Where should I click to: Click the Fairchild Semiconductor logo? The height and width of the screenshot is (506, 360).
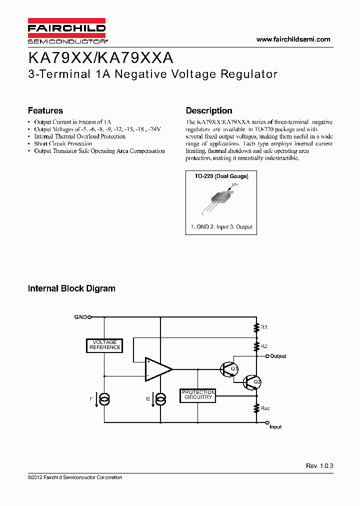point(66,30)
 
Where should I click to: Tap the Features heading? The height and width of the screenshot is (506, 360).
point(45,110)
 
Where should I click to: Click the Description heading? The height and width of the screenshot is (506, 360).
point(209,110)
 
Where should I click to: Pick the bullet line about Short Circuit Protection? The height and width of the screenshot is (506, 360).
point(62,143)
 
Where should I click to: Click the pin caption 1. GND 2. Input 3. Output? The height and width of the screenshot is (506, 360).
point(222,226)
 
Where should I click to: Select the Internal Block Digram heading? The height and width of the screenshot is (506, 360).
point(71,288)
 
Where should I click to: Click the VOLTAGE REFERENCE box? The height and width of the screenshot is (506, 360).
point(104,344)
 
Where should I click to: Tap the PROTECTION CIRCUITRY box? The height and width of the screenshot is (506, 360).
point(198,395)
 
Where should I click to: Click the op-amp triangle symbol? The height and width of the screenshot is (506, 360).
point(157,369)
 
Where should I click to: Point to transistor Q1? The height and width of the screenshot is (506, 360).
point(229,369)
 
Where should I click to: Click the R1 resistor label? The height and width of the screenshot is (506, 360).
point(264,327)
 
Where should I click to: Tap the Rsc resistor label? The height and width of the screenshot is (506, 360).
point(265,408)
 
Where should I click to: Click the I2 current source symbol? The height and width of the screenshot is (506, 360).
point(160,398)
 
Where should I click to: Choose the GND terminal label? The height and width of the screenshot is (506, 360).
point(80,316)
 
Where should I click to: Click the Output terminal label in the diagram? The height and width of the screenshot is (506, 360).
point(278,356)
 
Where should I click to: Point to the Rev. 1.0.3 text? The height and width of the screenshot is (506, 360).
point(319,465)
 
